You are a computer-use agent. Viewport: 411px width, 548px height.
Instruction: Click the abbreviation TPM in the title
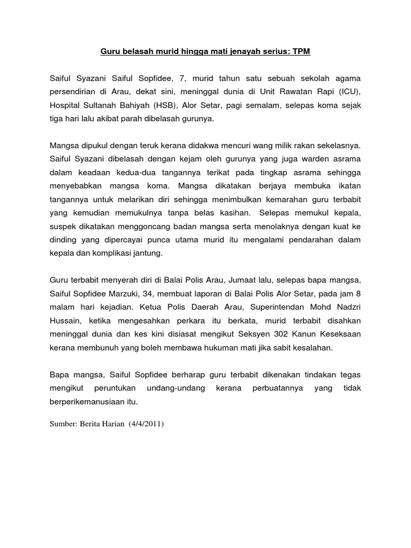(300, 52)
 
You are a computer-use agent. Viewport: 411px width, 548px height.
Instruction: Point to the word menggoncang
(151, 225)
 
